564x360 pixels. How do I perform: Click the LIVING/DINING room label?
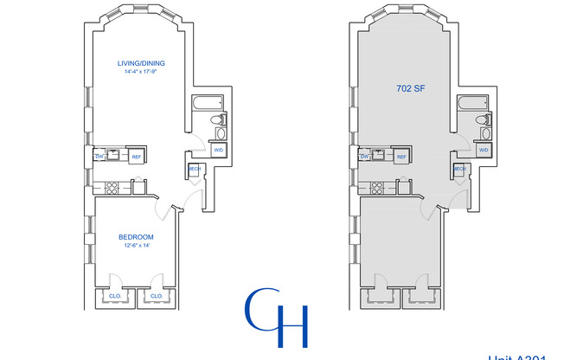click(142, 63)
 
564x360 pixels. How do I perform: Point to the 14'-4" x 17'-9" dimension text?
click(142, 72)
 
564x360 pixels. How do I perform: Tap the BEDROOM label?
click(137, 237)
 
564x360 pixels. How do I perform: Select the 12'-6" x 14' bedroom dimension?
click(137, 246)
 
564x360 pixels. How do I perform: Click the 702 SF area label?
click(407, 88)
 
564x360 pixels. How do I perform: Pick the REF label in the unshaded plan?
click(137, 157)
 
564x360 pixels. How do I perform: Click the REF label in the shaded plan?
click(401, 157)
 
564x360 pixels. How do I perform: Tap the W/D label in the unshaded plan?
click(219, 150)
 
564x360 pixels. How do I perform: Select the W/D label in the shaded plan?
click(483, 150)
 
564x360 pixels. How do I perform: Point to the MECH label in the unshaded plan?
click(195, 168)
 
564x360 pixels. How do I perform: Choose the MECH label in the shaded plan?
click(459, 168)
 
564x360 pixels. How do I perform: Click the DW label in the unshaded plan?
click(100, 157)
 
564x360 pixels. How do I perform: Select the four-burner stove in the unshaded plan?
click(111, 187)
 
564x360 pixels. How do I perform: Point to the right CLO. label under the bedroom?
click(157, 296)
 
